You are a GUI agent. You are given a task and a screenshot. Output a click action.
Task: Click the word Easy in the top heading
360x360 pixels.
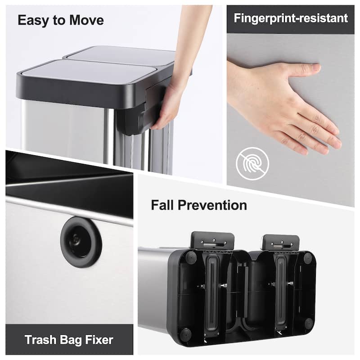coord(32,20)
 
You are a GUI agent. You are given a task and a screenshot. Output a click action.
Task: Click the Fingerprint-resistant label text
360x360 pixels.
coord(290,18)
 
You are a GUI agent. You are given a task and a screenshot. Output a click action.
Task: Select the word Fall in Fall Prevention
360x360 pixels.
coord(162,205)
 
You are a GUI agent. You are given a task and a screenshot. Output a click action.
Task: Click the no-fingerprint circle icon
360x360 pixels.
coord(252,163)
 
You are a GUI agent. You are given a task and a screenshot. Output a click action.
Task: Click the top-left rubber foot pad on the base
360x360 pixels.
coord(191,257)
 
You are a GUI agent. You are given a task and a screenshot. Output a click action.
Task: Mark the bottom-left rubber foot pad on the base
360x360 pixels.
coord(185,334)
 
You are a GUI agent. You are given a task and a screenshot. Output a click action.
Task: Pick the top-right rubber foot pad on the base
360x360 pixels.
coord(308,258)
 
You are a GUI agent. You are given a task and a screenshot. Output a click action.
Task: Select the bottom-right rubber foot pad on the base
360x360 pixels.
coord(308,324)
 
